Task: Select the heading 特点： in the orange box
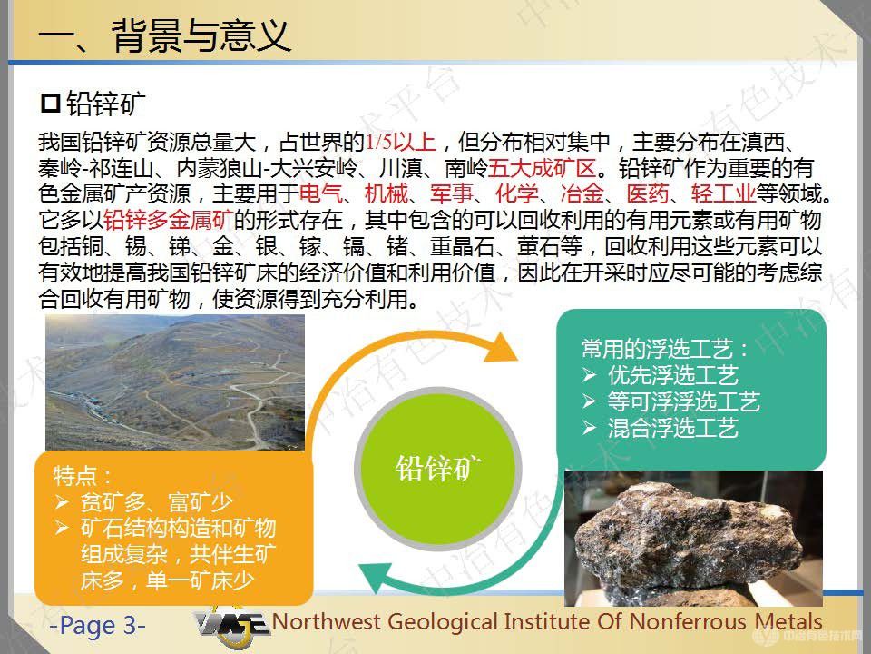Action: click(83, 475)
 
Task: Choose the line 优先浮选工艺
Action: click(672, 375)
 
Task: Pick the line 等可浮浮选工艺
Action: click(683, 401)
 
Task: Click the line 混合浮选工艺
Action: click(672, 428)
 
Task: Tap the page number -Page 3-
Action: click(97, 625)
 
